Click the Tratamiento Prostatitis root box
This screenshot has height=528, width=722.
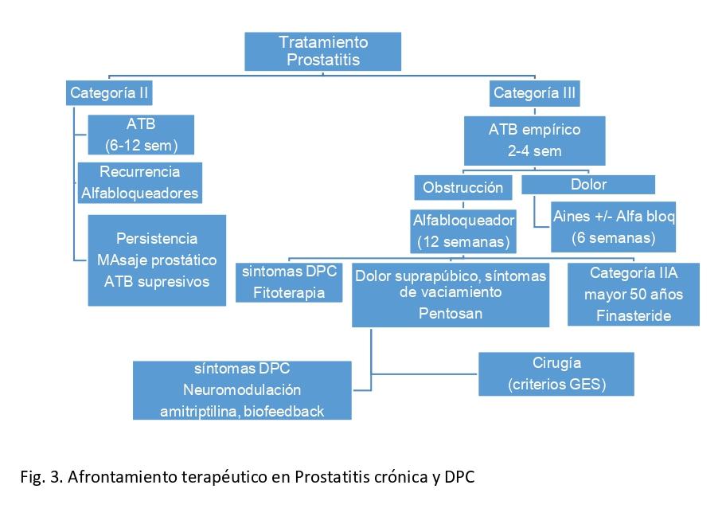pyautogui.click(x=323, y=51)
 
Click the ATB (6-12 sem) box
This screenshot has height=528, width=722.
pyautogui.click(x=141, y=135)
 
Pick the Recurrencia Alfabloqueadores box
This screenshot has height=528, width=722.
pyautogui.click(x=139, y=182)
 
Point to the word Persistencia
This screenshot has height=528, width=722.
pyautogui.click(x=157, y=239)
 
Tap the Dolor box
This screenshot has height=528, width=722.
pyautogui.click(x=588, y=185)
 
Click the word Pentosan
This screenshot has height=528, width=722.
pyautogui.click(x=450, y=313)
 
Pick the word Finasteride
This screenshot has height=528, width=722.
pyautogui.click(x=634, y=315)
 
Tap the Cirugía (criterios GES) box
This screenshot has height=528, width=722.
pyautogui.click(x=556, y=374)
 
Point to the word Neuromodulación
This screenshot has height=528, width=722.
pyautogui.click(x=242, y=390)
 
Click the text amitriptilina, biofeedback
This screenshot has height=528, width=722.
pyautogui.click(x=242, y=410)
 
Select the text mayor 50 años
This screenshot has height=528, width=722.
pyautogui.click(x=634, y=295)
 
